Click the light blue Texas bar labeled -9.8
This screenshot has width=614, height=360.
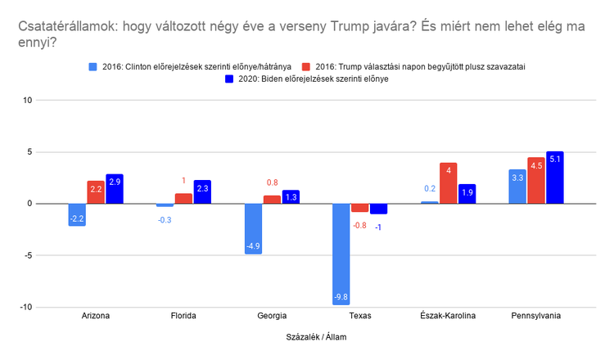(341, 254)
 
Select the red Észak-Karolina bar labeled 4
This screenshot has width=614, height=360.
(448, 183)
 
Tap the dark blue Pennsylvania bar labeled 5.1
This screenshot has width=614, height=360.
(554, 178)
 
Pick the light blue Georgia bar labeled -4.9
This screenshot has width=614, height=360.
(254, 228)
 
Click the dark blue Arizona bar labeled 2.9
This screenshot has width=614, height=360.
(115, 189)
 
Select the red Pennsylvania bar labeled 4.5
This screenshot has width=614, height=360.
(535, 181)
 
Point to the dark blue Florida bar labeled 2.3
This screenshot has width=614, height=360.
(203, 192)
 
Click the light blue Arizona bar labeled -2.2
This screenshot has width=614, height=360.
(78, 214)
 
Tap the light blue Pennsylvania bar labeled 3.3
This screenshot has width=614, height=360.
(517, 187)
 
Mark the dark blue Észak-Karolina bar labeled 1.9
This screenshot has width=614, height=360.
(467, 194)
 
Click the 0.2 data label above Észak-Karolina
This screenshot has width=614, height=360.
(430, 188)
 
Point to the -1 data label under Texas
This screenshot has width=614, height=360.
(378, 226)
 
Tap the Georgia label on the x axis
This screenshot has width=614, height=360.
(273, 316)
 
